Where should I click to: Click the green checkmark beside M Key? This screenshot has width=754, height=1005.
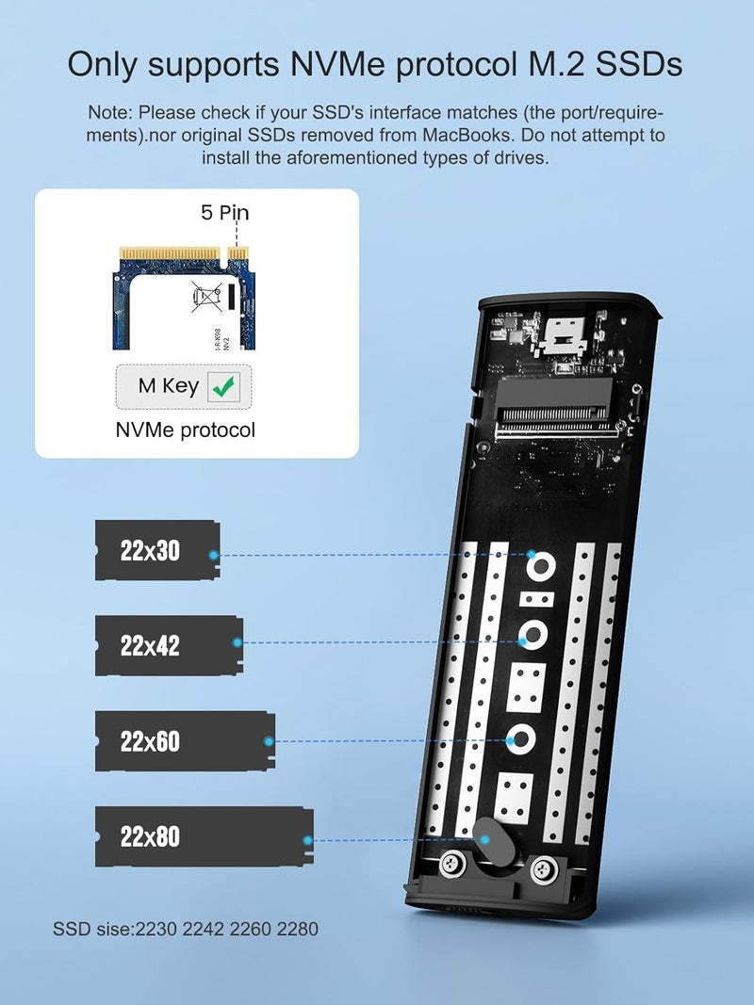pyautogui.click(x=224, y=385)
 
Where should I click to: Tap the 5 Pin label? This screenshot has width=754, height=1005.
pyautogui.click(x=224, y=212)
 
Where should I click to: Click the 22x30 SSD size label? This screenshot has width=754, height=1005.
pyautogui.click(x=150, y=551)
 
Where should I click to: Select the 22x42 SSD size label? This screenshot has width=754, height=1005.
pyautogui.click(x=150, y=646)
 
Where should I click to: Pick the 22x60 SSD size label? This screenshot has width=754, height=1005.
pyautogui.click(x=150, y=741)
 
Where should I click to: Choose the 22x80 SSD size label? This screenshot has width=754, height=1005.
pyautogui.click(x=150, y=836)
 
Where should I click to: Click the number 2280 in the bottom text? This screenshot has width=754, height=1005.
pyautogui.click(x=297, y=929)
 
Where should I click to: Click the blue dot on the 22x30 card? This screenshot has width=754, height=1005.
pyautogui.click(x=214, y=555)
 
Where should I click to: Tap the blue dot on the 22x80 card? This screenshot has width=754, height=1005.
pyautogui.click(x=307, y=839)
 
